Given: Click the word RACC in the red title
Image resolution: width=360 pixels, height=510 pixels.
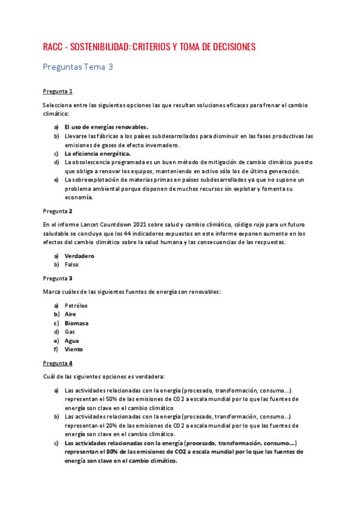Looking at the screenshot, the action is point(53,47).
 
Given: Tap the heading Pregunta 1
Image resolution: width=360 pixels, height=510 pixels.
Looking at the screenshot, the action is point(58,91).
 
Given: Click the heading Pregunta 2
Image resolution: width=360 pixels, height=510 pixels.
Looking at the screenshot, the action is point(58,211).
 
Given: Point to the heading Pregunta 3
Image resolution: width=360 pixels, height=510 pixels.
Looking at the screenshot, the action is point(58,278).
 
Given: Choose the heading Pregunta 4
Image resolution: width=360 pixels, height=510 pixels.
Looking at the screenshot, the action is point(58,363).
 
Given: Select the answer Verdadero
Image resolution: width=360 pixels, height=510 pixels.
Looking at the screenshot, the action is point(79,256).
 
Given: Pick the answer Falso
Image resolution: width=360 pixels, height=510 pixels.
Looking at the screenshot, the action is point(72,264).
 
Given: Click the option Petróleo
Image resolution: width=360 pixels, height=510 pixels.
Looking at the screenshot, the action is point(76,306).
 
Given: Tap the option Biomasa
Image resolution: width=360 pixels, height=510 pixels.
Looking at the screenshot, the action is point(76,323).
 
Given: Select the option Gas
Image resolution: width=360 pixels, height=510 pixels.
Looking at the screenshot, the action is point(70,331).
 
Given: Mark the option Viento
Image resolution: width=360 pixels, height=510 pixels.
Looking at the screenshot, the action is point(74,349).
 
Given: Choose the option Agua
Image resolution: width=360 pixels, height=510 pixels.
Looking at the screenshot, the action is point(72,340).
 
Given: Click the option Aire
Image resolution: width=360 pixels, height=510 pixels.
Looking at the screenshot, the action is point(70,314).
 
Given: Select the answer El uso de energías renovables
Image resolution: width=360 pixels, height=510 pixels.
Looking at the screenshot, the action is point(106,127).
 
